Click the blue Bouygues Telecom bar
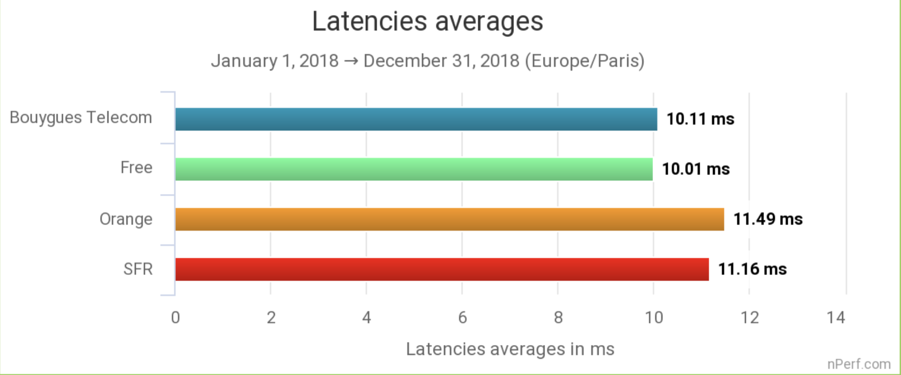(x=416, y=119)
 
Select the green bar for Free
(x=414, y=169)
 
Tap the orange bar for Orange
(x=450, y=219)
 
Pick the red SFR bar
(x=442, y=269)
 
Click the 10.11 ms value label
(x=700, y=119)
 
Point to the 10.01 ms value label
(x=696, y=169)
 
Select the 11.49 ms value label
(x=768, y=219)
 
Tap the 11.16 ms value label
(x=752, y=269)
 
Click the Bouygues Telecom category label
(x=81, y=118)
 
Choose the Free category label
(x=136, y=168)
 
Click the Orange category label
(x=126, y=219)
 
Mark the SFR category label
(x=138, y=269)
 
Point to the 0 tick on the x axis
(x=175, y=317)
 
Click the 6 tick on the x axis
(x=462, y=317)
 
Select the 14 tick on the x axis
(x=836, y=317)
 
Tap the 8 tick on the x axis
(x=558, y=317)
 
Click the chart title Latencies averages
(x=427, y=21)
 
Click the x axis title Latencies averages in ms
(x=510, y=349)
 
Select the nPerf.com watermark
(x=859, y=364)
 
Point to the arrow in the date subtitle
(x=350, y=61)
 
